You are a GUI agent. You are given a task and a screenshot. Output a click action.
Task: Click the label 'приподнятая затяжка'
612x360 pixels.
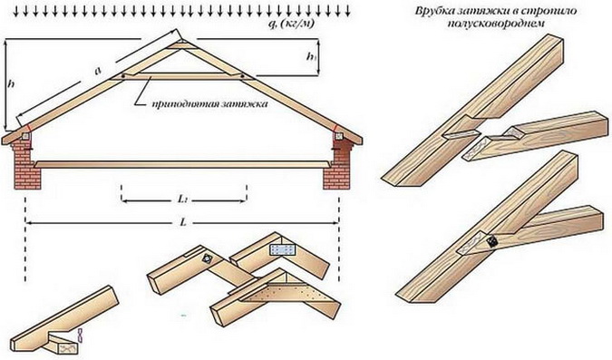[x=210, y=104]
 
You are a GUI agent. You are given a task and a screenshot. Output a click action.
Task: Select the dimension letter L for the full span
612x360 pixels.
[x=182, y=222]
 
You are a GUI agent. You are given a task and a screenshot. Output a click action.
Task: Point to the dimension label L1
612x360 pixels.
[x=182, y=199]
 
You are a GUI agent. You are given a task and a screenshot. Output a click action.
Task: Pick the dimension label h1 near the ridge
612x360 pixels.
[x=311, y=57]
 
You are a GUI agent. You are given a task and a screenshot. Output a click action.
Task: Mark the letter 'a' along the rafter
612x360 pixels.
[x=98, y=71]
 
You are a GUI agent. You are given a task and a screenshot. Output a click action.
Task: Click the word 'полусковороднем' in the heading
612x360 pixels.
[x=496, y=24]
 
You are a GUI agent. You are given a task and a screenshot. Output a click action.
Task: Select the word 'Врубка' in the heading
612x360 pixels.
[x=432, y=11]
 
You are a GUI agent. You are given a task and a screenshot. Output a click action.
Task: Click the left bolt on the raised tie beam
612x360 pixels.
[x=123, y=76]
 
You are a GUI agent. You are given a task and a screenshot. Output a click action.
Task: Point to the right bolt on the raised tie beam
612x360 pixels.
[x=242, y=76]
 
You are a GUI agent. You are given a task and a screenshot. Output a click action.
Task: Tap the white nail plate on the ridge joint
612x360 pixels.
[x=284, y=249]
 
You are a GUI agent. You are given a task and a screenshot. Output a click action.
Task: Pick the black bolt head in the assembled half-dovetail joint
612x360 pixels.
[x=493, y=241]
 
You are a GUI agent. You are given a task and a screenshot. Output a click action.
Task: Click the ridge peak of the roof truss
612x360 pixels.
[x=182, y=40]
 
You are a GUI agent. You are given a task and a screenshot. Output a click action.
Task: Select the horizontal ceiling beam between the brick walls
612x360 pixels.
[x=182, y=164]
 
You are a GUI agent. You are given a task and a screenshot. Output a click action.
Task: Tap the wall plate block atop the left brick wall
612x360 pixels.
[x=25, y=136]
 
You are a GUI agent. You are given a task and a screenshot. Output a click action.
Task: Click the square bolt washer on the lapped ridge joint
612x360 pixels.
[x=206, y=258]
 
